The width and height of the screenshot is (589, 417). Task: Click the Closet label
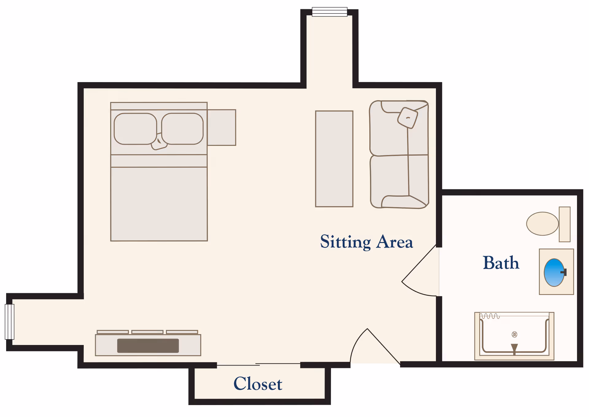coord(258,384)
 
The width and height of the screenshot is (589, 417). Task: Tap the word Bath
coord(501,263)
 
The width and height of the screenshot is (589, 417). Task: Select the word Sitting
coord(345,242)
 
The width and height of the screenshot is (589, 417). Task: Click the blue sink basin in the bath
coord(554,272)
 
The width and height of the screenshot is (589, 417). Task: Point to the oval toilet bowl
coord(542,224)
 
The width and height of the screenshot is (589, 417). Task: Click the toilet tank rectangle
coord(564,224)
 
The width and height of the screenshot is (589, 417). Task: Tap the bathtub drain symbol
coord(514,334)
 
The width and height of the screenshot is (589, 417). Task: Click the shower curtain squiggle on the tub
coord(490,316)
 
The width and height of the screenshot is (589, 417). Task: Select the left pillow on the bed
coord(135,129)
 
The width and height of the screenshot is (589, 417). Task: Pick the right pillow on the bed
coord(182,129)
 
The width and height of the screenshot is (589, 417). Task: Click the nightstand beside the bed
coord(221,127)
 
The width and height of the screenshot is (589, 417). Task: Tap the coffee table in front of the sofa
coord(334,159)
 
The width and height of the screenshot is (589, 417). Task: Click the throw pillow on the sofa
coord(408,118)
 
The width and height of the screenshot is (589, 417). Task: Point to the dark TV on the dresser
coord(148,346)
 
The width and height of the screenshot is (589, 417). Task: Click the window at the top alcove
coord(329,12)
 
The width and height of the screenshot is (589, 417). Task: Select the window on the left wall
coord(10,322)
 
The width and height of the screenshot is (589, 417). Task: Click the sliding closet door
coord(258,365)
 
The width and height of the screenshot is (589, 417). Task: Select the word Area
coord(395,242)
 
